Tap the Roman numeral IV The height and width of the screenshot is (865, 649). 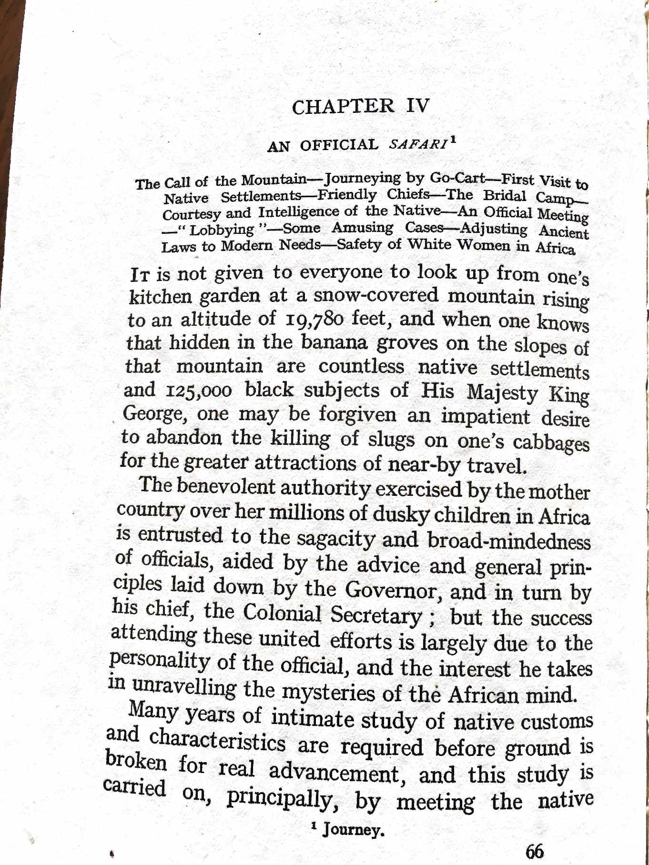pos(418,105)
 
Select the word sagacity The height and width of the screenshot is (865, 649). pos(337,539)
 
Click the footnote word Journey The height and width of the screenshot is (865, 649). pos(353,830)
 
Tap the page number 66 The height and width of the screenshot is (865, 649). pos(535,851)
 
